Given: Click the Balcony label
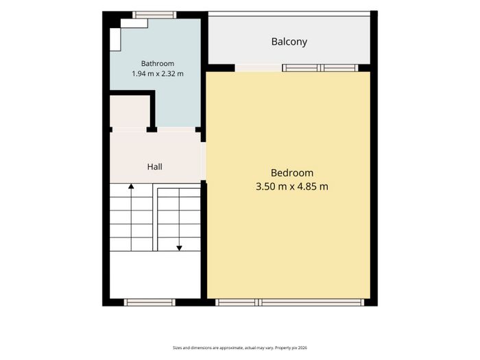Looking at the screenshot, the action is pyautogui.click(x=289, y=42).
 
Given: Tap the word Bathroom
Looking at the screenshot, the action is pyautogui.click(x=157, y=63).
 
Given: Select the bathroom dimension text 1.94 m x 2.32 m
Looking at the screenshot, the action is pyautogui.click(x=157, y=73).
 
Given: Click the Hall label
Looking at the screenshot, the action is pyautogui.click(x=154, y=167).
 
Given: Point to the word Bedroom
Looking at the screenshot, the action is pyautogui.click(x=292, y=173).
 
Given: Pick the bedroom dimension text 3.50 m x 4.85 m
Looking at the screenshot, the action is pyautogui.click(x=292, y=187).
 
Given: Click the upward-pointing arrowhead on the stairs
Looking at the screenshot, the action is pyautogui.click(x=131, y=186).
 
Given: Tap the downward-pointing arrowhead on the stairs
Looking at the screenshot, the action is pyautogui.click(x=179, y=248).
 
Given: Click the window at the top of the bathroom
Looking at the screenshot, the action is pyautogui.click(x=154, y=14).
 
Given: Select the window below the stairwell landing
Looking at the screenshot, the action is pyautogui.click(x=149, y=302).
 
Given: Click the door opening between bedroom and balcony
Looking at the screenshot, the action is pyautogui.click(x=259, y=68).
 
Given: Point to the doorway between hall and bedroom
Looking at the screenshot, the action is pyautogui.click(x=203, y=161).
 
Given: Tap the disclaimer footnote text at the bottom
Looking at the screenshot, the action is pyautogui.click(x=240, y=348).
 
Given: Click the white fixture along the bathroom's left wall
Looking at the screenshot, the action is pyautogui.click(x=115, y=39).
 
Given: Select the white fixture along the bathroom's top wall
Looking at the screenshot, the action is pyautogui.click(x=134, y=23).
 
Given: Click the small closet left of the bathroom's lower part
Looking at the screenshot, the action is pyautogui.click(x=130, y=111).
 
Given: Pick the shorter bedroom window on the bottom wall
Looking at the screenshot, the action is pyautogui.click(x=235, y=302).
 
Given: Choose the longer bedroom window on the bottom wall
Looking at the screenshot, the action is pyautogui.click(x=311, y=302).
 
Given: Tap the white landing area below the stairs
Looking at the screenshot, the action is pyautogui.click(x=155, y=274).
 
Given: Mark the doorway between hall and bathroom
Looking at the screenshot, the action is pyautogui.click(x=176, y=130).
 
